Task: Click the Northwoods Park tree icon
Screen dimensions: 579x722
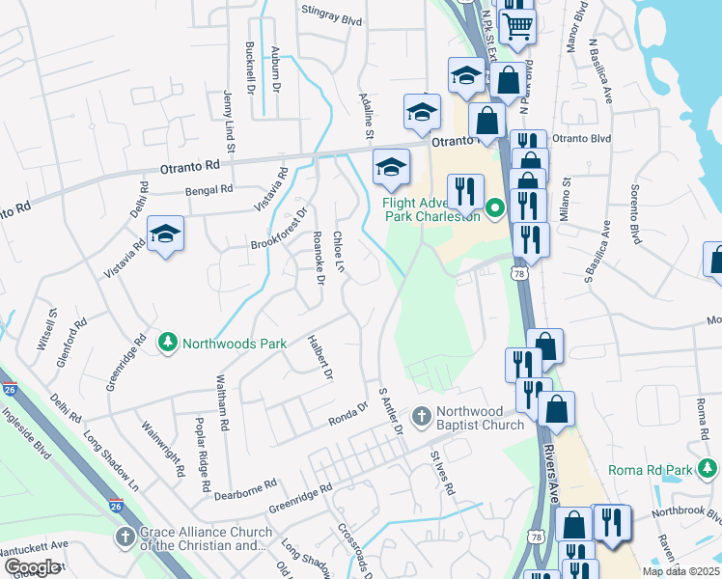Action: tap(168, 343)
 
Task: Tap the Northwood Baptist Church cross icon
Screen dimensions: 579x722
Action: tap(421, 416)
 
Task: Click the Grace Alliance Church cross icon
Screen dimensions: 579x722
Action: tap(125, 537)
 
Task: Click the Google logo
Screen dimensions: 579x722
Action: tap(33, 566)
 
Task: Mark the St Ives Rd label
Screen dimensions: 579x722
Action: tap(442, 473)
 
